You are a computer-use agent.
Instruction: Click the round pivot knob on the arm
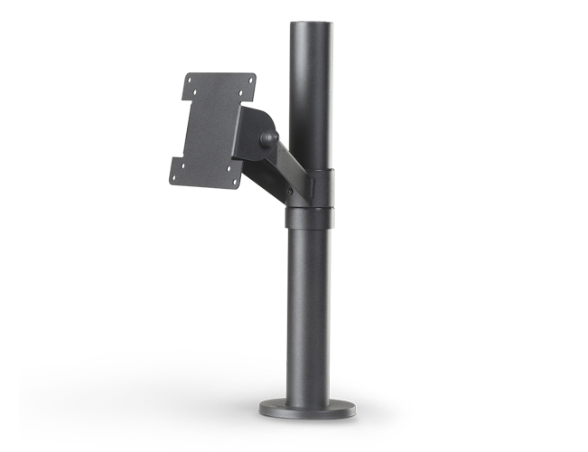tap(268, 138)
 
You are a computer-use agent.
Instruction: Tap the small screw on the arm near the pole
tap(290, 192)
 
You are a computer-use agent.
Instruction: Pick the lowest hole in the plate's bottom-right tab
tap(236, 184)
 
